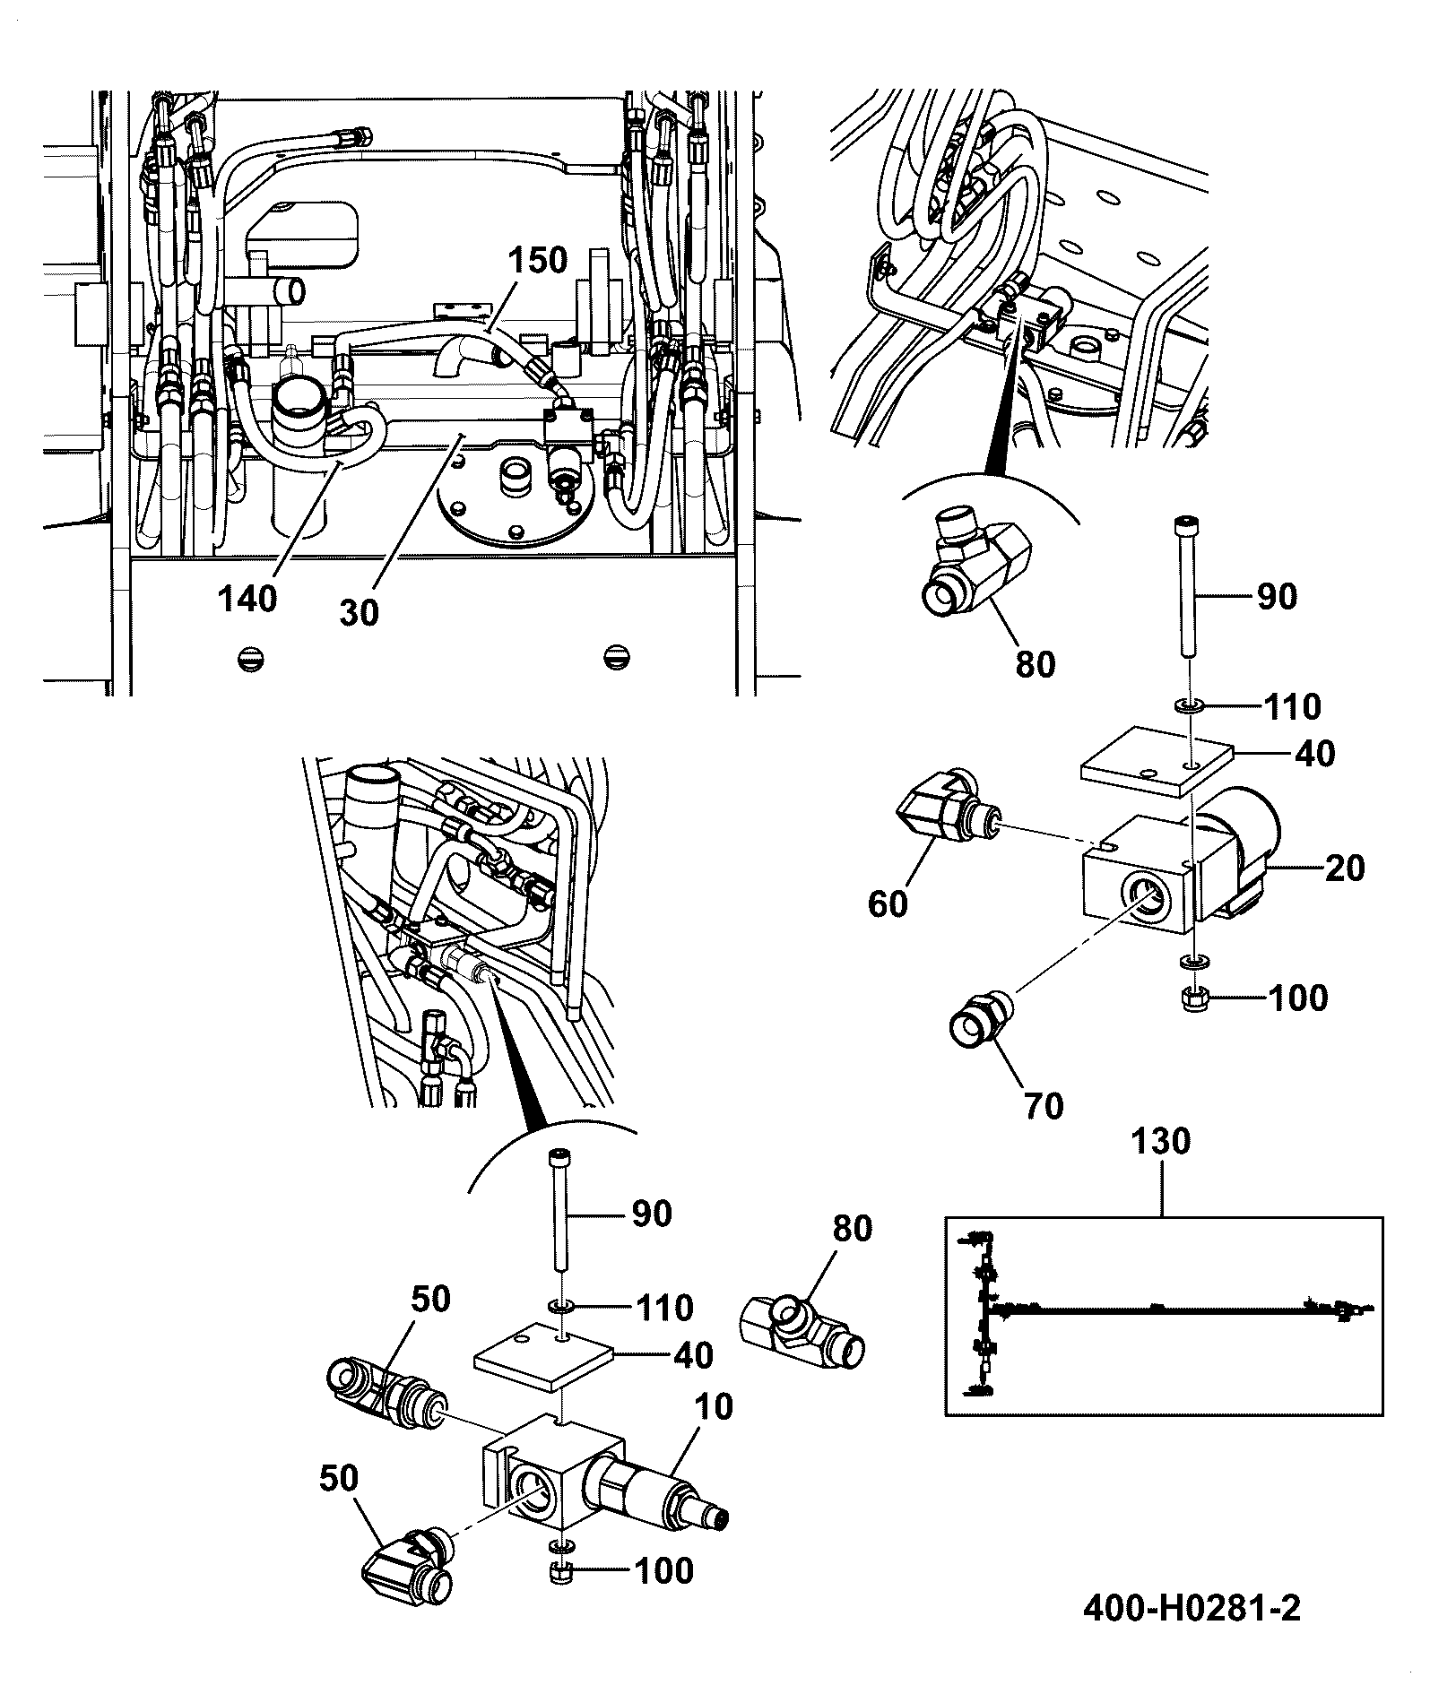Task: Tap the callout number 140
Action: [x=248, y=598]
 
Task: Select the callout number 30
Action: [x=360, y=612]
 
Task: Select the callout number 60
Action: [x=888, y=903]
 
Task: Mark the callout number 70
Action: [x=1044, y=1105]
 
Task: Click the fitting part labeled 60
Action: [x=949, y=810]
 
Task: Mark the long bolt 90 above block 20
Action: [x=1185, y=589]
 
